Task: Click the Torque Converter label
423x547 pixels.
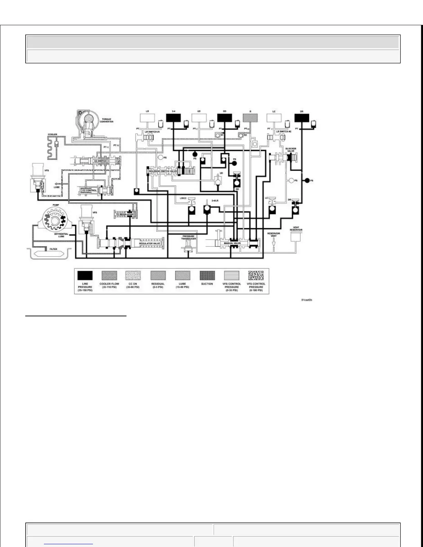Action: tap(107, 121)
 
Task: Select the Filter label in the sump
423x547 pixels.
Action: tap(53, 249)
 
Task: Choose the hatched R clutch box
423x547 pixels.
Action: tap(250, 118)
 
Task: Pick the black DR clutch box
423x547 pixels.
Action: tap(302, 118)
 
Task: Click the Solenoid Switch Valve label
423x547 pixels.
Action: tap(163, 171)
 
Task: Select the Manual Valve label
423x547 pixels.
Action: tap(232, 243)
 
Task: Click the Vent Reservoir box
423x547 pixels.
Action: tap(296, 237)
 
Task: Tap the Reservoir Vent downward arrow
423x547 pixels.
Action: tap(273, 243)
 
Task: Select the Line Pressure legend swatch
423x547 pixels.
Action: tap(85, 276)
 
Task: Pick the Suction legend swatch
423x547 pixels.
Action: tap(207, 276)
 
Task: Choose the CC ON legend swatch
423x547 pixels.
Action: tap(133, 276)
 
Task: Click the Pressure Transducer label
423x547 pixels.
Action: tap(189, 238)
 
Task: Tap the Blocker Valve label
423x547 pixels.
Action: tap(291, 150)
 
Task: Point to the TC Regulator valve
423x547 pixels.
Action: tap(125, 214)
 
